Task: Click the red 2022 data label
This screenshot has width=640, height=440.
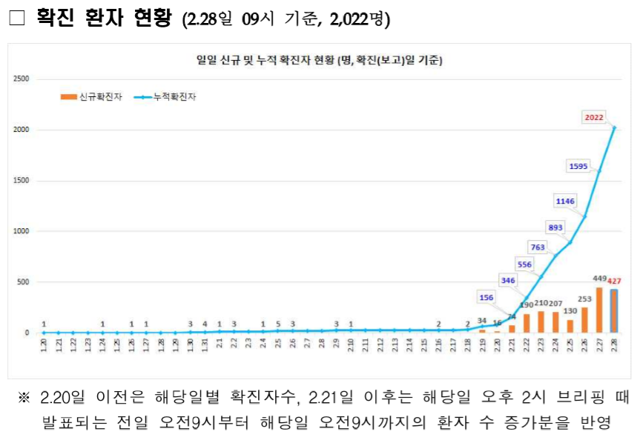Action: click(594, 116)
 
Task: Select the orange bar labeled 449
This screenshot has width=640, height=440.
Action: click(599, 310)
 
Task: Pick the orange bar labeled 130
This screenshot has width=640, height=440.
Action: click(570, 326)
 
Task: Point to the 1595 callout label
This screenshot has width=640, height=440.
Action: click(578, 167)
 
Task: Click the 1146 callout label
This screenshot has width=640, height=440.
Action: click(565, 201)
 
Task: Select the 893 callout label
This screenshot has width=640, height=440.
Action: click(555, 227)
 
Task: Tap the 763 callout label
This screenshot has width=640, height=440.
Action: click(538, 247)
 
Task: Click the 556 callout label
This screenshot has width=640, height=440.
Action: click(524, 264)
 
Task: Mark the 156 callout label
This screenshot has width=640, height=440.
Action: click(486, 298)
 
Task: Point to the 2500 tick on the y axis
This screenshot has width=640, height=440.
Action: click(21, 79)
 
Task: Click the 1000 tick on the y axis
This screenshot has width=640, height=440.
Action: click(21, 231)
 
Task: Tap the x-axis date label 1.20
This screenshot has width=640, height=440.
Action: click(44, 346)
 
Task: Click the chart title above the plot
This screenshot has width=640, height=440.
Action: click(320, 61)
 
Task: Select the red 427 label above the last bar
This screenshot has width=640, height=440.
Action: click(615, 281)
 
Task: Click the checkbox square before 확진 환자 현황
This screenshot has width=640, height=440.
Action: click(16, 19)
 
